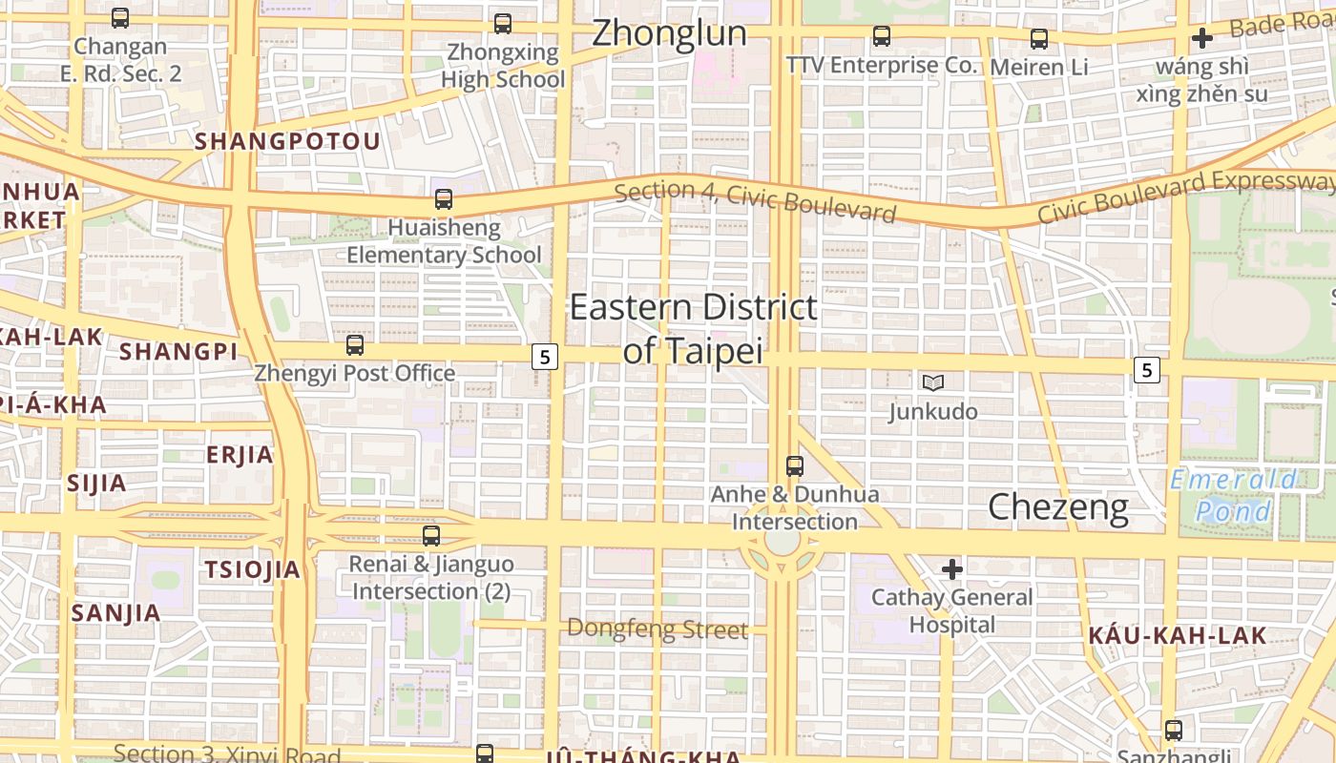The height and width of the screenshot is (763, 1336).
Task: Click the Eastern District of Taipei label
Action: [x=694, y=329]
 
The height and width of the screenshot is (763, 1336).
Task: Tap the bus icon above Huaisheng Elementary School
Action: [x=444, y=199]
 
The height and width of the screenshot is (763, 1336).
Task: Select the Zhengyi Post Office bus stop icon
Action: [x=355, y=344]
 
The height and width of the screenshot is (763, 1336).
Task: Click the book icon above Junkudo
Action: [x=932, y=382]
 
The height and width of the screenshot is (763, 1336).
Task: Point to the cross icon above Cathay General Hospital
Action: [x=951, y=569]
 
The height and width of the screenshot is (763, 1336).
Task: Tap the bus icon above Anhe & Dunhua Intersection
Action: [x=794, y=466]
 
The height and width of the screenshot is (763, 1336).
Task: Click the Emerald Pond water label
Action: [x=1234, y=495]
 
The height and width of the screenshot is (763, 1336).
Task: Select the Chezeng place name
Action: [x=1057, y=506]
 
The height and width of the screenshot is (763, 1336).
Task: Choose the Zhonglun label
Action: [x=669, y=33]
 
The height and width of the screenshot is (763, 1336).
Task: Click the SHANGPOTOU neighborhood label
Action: [x=287, y=142]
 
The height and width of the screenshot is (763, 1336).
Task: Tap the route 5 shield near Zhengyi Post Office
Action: [x=544, y=357]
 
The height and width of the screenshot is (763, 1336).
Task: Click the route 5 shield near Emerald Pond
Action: [x=1147, y=369]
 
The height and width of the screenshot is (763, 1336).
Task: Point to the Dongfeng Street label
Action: [x=658, y=629]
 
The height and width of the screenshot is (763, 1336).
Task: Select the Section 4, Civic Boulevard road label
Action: [x=755, y=201]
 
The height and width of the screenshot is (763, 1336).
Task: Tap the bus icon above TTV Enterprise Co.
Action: [x=882, y=37]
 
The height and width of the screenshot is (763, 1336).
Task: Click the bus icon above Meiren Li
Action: [x=1039, y=39]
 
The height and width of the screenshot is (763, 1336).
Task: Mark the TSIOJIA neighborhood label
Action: [x=252, y=570]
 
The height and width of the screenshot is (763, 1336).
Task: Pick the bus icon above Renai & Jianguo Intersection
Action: [x=431, y=536]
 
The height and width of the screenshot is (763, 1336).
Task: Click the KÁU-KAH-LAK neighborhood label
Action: [x=1178, y=635]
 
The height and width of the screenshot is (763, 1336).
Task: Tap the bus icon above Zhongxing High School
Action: [x=503, y=24]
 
